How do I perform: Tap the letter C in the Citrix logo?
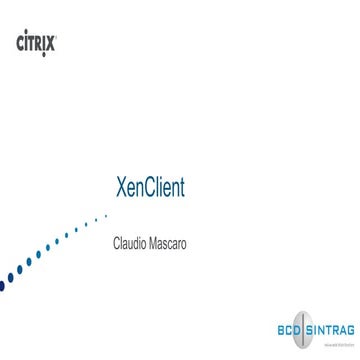[21, 42]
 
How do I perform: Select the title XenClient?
[151, 188]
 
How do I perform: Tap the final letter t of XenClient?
[181, 189]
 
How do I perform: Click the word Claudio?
[130, 243]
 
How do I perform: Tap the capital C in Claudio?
[116, 243]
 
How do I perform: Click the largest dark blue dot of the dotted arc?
[3, 284]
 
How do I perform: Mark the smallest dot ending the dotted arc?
[106, 215]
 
